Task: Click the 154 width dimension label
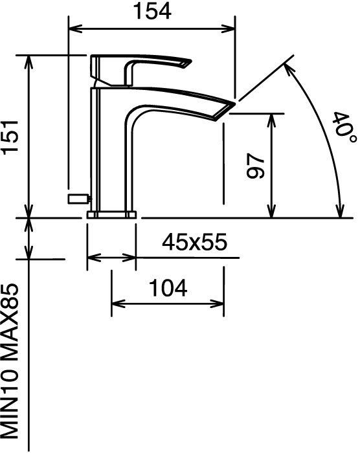[x=152, y=12]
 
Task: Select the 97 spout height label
[x=256, y=166]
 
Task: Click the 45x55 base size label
[x=195, y=242]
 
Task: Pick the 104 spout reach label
[x=168, y=288]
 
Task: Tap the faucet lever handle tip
[x=188, y=63]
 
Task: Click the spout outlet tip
[x=229, y=108]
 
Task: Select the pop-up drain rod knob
[x=78, y=199]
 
